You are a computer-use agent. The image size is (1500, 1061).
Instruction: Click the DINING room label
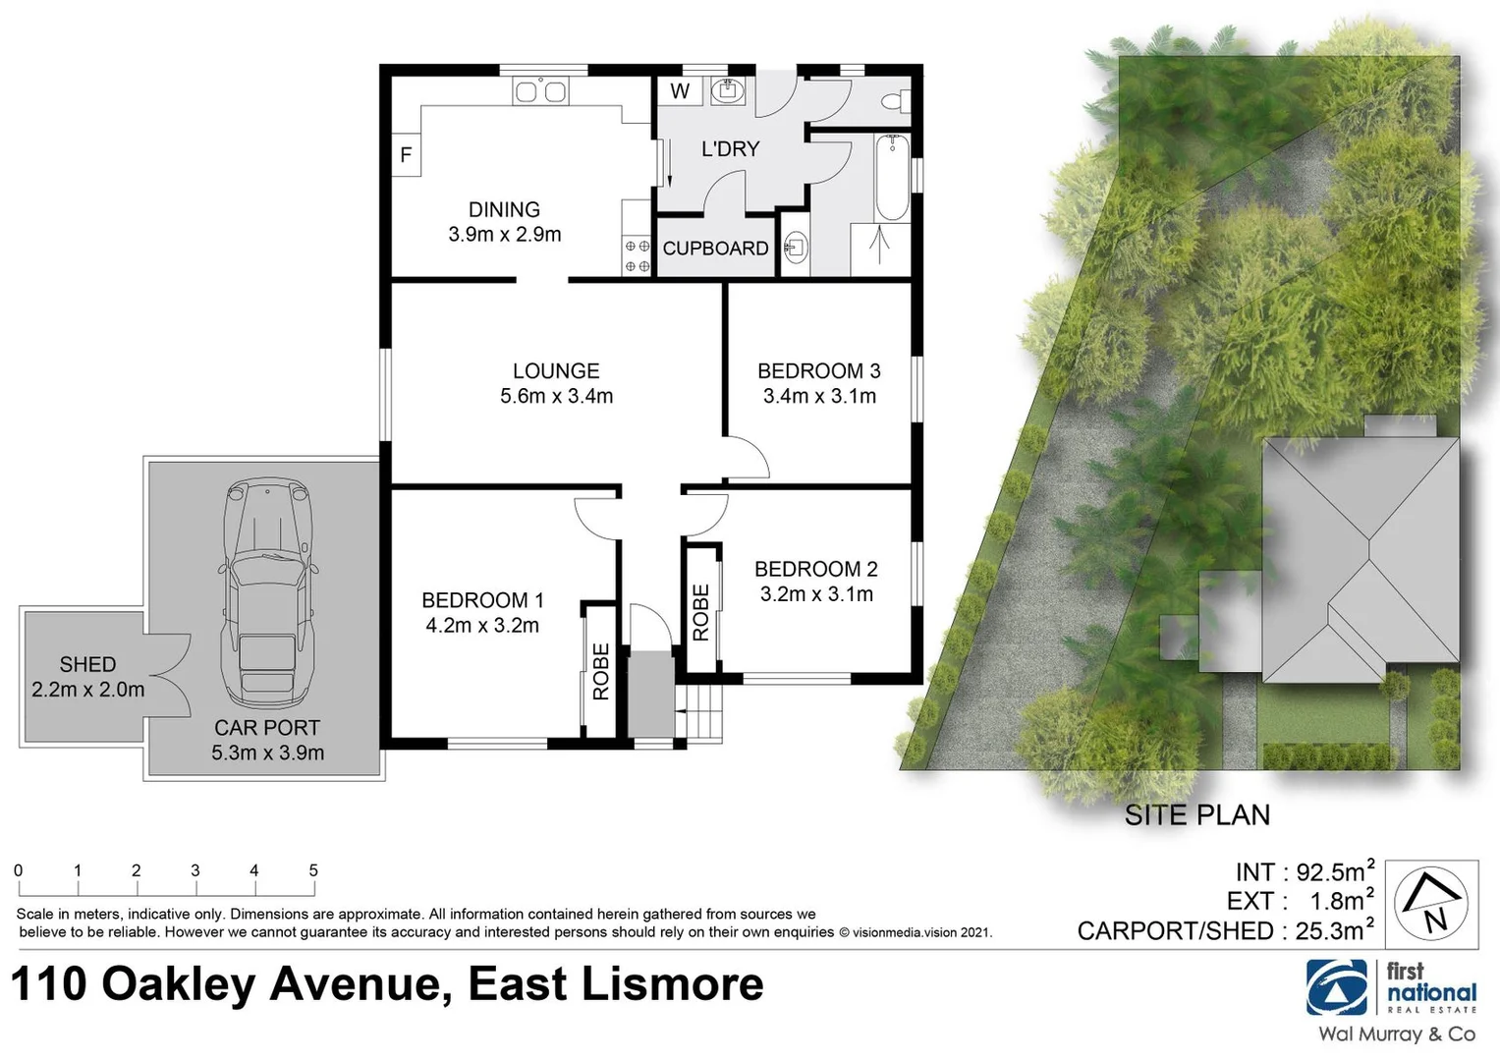[x=504, y=209]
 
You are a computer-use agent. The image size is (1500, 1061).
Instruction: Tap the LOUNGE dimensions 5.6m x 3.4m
[x=556, y=397]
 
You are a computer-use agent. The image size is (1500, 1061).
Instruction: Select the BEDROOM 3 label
[x=818, y=371]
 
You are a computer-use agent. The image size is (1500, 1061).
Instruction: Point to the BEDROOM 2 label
[x=815, y=569]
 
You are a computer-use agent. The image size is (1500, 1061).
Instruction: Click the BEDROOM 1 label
[x=482, y=600]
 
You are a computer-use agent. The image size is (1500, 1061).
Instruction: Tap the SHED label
[x=87, y=665]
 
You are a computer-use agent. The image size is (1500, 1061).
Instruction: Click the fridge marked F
[x=406, y=155]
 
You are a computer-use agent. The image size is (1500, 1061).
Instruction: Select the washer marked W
[x=680, y=91]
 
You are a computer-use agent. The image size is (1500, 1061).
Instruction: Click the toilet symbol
[x=894, y=100]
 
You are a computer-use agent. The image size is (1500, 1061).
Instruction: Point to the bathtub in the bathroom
[x=892, y=177]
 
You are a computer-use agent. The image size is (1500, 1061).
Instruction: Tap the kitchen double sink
[x=540, y=92]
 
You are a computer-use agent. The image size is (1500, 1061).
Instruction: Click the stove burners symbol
[x=638, y=256]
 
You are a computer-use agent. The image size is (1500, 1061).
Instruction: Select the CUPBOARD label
[x=715, y=249]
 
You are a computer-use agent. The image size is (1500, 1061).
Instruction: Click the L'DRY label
[x=730, y=149]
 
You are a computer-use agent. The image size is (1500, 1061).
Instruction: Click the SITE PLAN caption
[x=1196, y=815]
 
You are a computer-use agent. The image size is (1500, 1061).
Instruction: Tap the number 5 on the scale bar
[x=313, y=870]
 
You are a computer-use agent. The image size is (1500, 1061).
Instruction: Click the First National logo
[x=1390, y=987]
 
